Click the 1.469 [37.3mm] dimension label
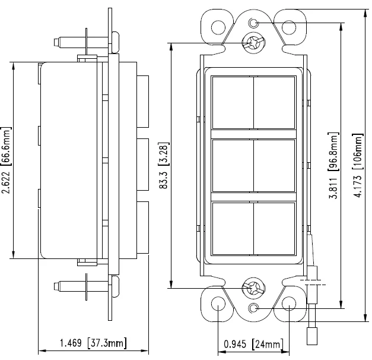(93, 343)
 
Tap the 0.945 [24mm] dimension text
(253, 344)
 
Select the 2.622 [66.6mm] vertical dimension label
(7, 160)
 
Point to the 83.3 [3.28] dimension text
(164, 166)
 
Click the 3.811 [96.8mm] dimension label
(333, 166)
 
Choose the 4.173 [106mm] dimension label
(358, 166)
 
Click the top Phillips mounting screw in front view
(253, 43)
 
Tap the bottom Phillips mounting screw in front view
(253, 289)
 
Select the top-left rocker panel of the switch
(233, 103)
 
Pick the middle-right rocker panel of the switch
(274, 166)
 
